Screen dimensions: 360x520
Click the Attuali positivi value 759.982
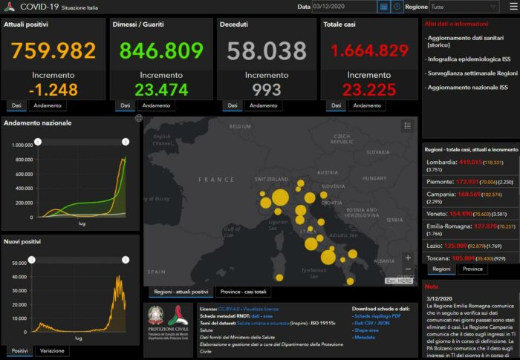[x=53, y=50]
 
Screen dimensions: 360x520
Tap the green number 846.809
[x=157, y=50]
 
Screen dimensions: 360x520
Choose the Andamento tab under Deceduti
[x=264, y=105]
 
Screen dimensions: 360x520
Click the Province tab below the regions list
[x=472, y=269]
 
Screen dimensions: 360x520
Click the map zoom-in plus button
[x=407, y=258]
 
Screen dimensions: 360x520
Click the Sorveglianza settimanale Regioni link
[x=470, y=73]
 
